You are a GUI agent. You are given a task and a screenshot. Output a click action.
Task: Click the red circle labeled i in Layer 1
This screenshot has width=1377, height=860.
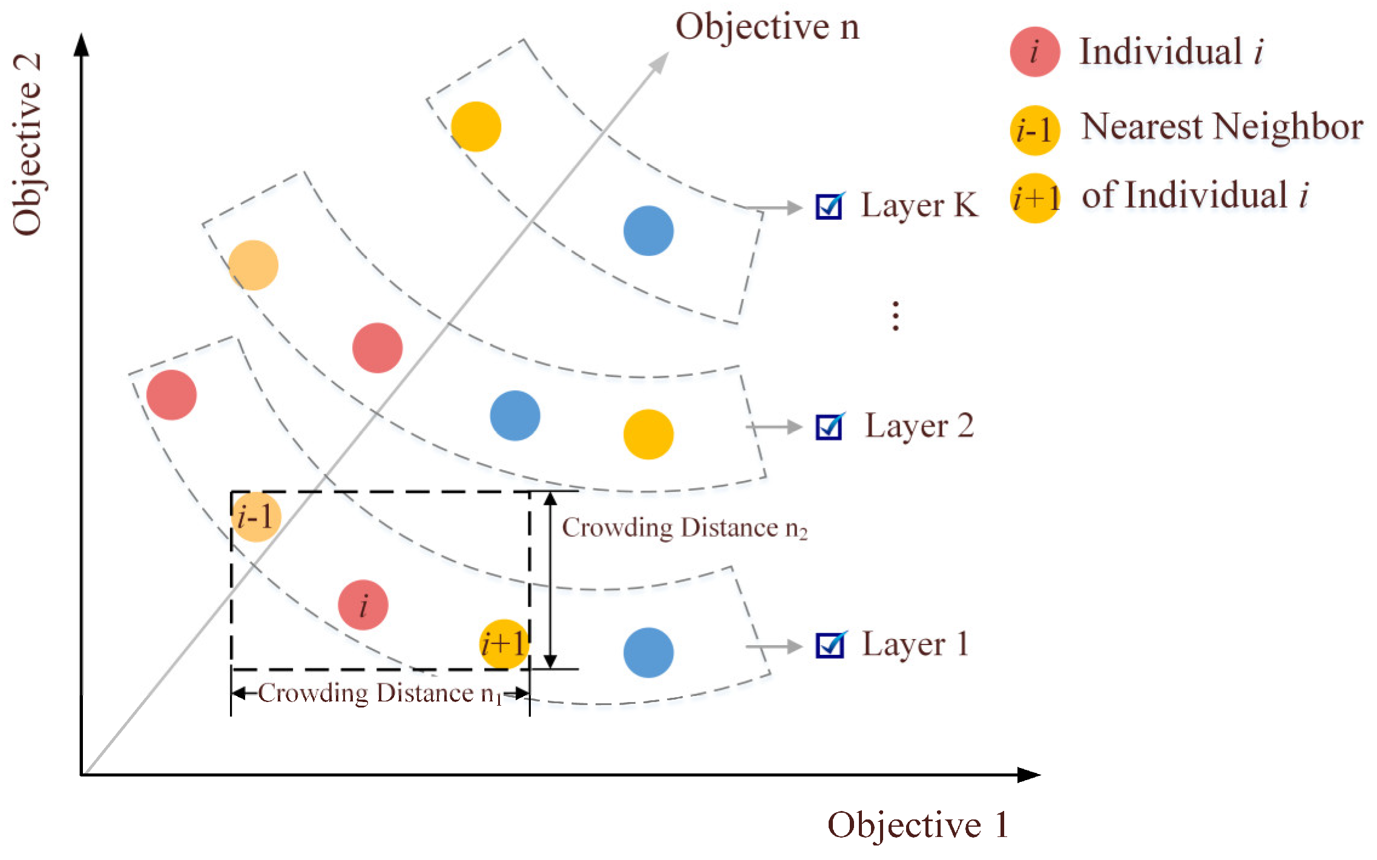click(x=363, y=605)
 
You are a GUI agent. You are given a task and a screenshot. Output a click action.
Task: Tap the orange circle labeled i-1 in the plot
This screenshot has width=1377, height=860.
click(x=256, y=517)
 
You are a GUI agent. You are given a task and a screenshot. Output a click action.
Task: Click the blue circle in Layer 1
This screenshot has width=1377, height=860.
click(x=648, y=652)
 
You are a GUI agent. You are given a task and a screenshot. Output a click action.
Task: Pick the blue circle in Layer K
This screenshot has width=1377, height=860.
click(x=648, y=231)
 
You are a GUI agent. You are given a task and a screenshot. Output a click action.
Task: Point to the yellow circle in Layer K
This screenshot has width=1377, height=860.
click(x=476, y=126)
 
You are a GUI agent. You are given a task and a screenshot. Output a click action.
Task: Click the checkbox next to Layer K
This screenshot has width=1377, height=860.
click(x=829, y=206)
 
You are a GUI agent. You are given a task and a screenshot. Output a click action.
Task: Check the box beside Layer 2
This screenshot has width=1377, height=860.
click(x=829, y=427)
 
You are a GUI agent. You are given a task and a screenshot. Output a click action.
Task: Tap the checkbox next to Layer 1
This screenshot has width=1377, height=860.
click(x=829, y=645)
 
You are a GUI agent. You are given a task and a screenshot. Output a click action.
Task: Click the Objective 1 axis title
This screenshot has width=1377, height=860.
click(x=918, y=824)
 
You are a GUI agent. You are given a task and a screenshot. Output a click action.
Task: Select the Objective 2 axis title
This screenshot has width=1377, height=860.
click(x=27, y=144)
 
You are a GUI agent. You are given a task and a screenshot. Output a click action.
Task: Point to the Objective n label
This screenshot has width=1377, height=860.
click(x=767, y=27)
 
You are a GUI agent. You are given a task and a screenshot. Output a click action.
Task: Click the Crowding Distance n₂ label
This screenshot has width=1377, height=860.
click(x=685, y=528)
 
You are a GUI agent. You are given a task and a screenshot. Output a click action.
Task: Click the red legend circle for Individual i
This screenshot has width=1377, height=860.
click(x=1034, y=51)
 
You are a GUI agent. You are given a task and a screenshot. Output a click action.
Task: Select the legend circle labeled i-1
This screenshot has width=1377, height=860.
click(x=1034, y=130)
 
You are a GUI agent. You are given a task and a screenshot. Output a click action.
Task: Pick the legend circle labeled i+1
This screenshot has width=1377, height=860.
click(x=1035, y=198)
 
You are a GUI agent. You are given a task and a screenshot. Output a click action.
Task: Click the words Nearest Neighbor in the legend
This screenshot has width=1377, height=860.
click(x=1221, y=127)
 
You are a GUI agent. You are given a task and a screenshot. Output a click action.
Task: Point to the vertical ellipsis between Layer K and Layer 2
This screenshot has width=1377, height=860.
click(x=895, y=316)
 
